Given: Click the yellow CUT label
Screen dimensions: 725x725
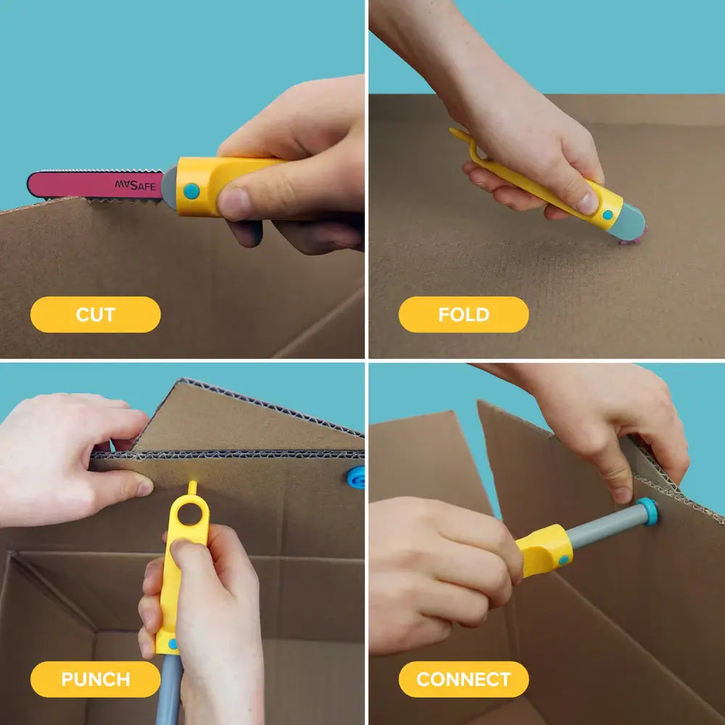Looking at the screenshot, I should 95,315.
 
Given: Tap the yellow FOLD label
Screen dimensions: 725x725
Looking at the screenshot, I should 463,315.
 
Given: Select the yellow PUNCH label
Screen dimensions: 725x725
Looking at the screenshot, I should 95,679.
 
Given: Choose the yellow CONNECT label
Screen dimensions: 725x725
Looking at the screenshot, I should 463,679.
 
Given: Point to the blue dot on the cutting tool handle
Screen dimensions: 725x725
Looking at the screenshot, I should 191,191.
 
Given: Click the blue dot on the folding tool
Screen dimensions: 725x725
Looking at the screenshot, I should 608,215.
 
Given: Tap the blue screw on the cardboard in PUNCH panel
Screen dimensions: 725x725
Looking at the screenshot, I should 356,477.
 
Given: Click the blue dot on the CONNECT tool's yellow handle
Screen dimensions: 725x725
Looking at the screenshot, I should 563,560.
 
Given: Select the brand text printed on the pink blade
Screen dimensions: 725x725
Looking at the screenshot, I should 135,186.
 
